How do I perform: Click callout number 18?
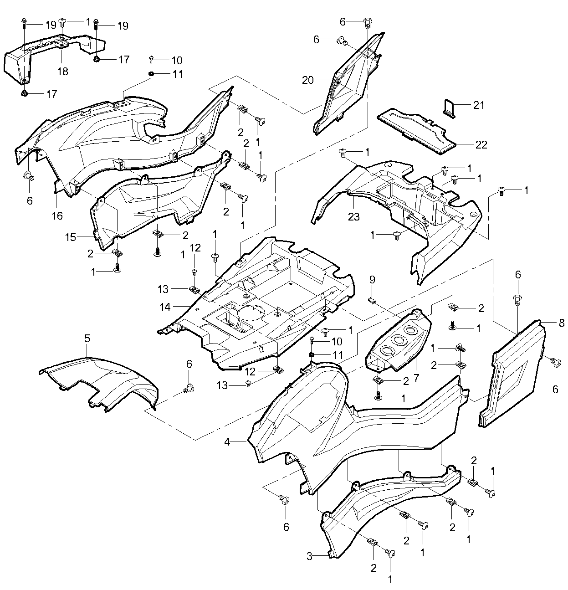[x=62, y=72]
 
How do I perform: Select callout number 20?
[x=321, y=80]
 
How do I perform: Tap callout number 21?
[x=478, y=105]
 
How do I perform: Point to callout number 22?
[x=481, y=145]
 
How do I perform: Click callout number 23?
[x=353, y=217]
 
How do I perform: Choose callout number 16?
[x=57, y=215]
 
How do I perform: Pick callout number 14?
[x=165, y=308]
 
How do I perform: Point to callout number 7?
[x=415, y=377]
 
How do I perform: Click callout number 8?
[x=561, y=323]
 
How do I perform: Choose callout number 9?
[x=372, y=279]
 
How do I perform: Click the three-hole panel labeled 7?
[x=399, y=342]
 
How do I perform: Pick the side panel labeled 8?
[x=510, y=374]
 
